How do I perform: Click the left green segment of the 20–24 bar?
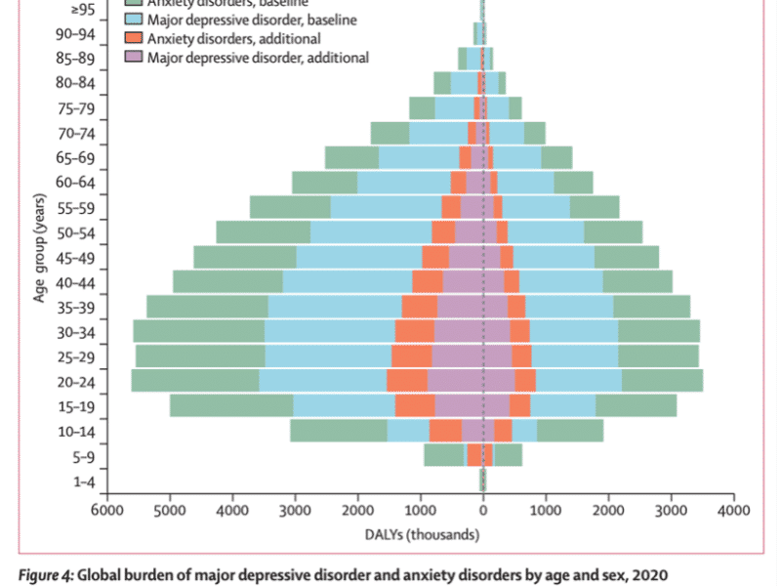(x=194, y=381)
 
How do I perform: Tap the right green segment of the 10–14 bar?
(x=570, y=430)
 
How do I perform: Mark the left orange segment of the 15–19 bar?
(x=414, y=405)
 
